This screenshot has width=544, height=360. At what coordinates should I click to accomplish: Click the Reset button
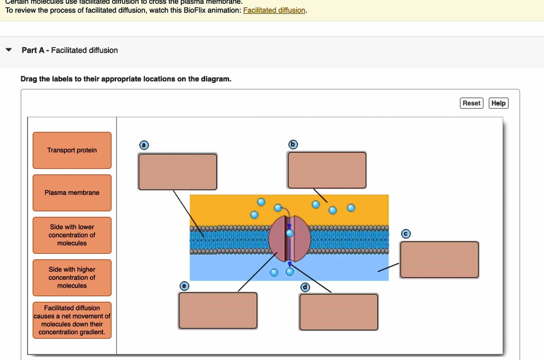tap(471, 103)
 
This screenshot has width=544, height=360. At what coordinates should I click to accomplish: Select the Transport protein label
tap(72, 150)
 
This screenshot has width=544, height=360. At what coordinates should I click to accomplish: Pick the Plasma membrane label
tap(72, 193)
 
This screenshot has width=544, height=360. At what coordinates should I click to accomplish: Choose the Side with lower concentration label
tap(72, 235)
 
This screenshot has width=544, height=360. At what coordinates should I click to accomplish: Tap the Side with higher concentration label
tap(72, 278)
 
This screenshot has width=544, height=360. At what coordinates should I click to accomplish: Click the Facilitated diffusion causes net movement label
tap(72, 320)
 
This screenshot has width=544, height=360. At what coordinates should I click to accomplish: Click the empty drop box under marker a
tap(177, 172)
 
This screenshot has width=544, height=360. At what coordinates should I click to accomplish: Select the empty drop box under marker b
tap(327, 170)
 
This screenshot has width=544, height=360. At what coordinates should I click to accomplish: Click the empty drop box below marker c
tap(439, 260)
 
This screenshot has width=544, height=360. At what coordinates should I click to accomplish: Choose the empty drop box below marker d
tap(339, 312)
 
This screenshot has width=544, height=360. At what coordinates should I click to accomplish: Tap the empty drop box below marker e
tap(218, 311)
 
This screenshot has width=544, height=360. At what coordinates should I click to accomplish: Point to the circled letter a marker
tap(143, 145)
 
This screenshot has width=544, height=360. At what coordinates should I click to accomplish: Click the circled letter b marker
tap(293, 144)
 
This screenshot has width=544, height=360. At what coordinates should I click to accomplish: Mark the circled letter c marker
tap(406, 234)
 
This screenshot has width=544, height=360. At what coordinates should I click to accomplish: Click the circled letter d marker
tap(305, 287)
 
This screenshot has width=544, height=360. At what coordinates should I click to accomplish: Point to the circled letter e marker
tap(184, 286)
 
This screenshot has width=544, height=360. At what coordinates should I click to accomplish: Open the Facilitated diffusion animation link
tap(274, 11)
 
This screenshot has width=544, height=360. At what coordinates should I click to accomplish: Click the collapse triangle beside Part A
tap(8, 50)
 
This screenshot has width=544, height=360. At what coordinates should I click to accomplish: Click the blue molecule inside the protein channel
tap(290, 233)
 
